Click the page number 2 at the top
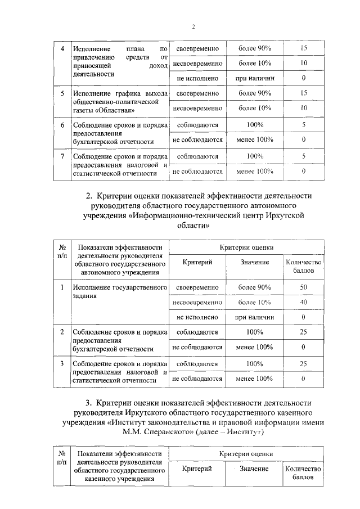(x=193, y=27)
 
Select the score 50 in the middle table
(x=304, y=287)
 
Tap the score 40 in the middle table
(x=304, y=302)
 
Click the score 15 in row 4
(x=304, y=48)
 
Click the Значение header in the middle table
(x=254, y=263)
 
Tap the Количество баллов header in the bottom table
(x=304, y=473)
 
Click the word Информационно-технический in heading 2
(x=183, y=216)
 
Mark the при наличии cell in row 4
(x=254, y=78)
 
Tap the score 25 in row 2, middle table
(x=304, y=332)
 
